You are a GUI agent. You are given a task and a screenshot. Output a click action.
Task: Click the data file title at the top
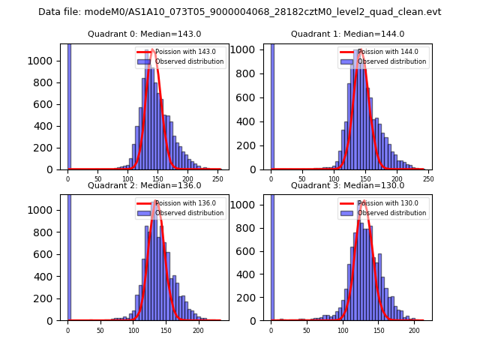(240, 12)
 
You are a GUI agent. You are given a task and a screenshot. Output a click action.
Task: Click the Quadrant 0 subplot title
(144, 34)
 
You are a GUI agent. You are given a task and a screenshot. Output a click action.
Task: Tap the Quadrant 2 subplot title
(144, 185)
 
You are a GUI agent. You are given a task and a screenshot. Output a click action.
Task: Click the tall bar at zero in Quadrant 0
(69, 105)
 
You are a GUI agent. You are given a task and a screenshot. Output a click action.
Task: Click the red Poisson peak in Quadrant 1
(361, 50)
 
